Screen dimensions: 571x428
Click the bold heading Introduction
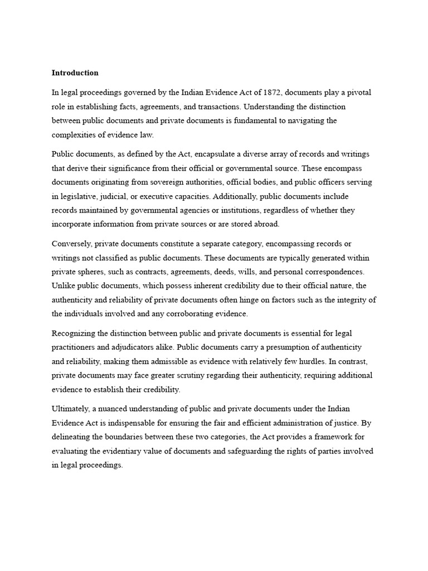(75, 72)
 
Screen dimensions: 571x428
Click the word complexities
(74, 134)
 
